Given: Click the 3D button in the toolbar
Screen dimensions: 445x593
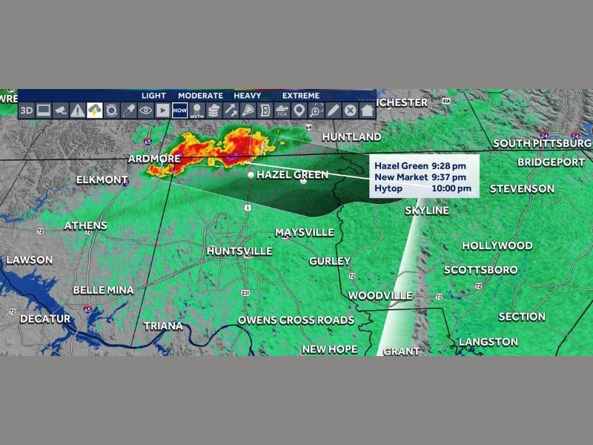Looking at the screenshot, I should point(26,111).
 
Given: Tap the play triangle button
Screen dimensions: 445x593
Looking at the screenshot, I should point(162,111).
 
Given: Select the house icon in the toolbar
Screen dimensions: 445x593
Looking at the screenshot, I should point(367,111).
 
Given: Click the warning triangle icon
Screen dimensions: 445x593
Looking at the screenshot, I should point(77,111).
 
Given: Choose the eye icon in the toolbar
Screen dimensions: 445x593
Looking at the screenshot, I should point(145,111).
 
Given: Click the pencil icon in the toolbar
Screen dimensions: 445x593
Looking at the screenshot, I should point(333,111).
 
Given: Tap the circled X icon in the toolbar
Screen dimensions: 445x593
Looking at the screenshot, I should point(350,111).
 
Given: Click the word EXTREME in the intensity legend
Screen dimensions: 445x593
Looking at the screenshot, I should point(301,96).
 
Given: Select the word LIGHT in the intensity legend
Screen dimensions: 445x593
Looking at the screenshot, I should point(154,96).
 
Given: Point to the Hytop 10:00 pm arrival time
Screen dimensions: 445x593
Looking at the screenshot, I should point(423,189).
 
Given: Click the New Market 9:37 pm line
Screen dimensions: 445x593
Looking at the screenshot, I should point(420,177).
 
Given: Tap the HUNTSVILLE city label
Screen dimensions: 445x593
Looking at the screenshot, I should point(239,251).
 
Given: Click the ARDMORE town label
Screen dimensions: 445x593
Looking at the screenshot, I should point(154,159).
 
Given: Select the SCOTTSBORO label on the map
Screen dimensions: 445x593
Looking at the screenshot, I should point(480,270).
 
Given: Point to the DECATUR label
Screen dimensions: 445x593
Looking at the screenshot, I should point(45,319).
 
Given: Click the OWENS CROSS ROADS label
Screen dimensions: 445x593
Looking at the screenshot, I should point(296,320).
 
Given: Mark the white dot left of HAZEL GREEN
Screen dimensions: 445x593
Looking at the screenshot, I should point(251,174).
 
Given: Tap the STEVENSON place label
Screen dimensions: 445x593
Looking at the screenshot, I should point(522,189).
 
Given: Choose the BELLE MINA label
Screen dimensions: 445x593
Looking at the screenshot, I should point(103,290).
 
